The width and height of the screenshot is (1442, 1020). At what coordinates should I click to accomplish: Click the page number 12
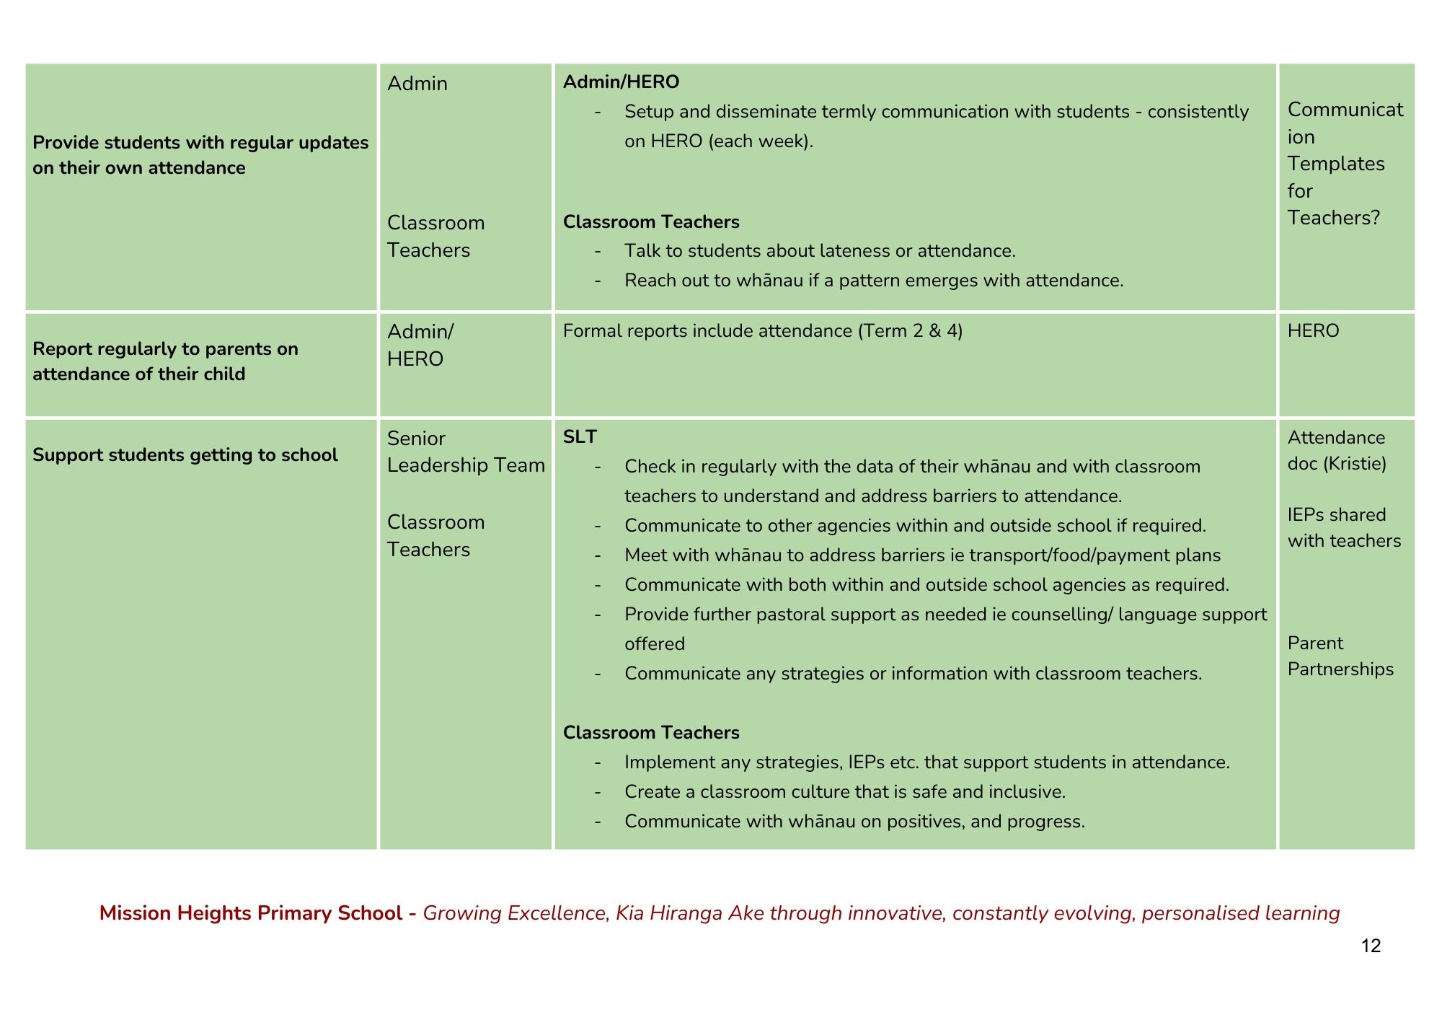[x=1371, y=946]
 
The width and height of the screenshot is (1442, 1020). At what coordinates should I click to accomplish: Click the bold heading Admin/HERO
[x=621, y=82]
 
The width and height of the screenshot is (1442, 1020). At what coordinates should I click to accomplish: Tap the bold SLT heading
[x=580, y=437]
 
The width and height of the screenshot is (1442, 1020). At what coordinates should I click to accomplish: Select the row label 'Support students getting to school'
[x=185, y=455]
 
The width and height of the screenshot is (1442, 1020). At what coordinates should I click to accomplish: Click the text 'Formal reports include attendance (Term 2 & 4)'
[x=762, y=331]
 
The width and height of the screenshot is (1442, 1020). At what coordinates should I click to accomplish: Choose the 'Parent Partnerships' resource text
[x=1340, y=656]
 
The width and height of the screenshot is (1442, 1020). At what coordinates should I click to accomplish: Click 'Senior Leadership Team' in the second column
[x=466, y=452]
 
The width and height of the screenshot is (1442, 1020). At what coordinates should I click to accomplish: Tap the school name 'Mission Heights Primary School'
[x=250, y=913]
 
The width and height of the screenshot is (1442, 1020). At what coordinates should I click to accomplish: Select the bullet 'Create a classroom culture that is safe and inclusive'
[x=844, y=792]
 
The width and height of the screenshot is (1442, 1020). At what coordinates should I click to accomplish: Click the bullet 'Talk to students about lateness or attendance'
[x=819, y=251]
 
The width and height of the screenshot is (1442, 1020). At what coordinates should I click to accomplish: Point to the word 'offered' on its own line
[x=654, y=644]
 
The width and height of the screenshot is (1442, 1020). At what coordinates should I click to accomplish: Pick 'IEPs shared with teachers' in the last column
[x=1344, y=527]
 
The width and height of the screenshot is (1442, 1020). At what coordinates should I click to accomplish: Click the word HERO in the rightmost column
[x=1313, y=331]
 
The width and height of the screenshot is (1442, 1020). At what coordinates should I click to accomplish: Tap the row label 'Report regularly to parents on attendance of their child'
[x=165, y=361]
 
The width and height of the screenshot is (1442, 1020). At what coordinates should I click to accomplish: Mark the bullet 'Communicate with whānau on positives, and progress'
[x=854, y=822]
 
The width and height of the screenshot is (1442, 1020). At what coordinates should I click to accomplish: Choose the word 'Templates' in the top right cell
[x=1335, y=164]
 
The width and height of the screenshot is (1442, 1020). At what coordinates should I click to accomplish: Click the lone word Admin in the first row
[x=417, y=84]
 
